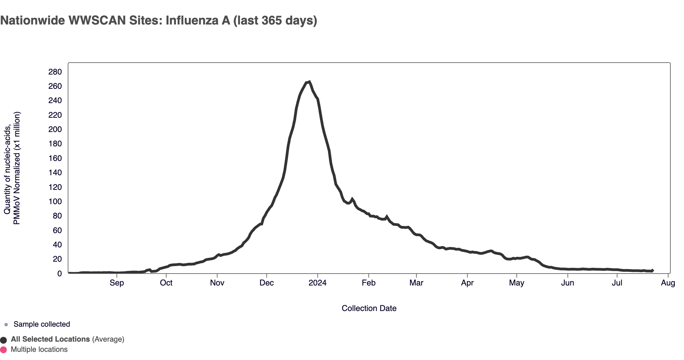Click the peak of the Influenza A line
click(309, 82)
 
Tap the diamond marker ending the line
click(652, 271)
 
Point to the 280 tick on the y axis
click(55, 72)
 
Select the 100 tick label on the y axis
click(55, 201)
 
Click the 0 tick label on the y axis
click(60, 274)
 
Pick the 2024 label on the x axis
click(317, 283)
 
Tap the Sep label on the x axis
click(117, 283)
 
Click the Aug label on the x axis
click(668, 283)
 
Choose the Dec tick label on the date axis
click(266, 283)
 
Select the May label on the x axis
click(516, 283)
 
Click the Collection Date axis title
click(369, 308)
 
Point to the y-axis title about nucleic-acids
click(12, 168)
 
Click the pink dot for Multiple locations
click(4, 350)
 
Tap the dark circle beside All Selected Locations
click(4, 340)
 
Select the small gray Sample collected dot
click(6, 325)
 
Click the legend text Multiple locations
click(39, 349)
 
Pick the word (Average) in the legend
click(108, 339)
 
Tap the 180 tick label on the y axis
click(55, 144)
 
